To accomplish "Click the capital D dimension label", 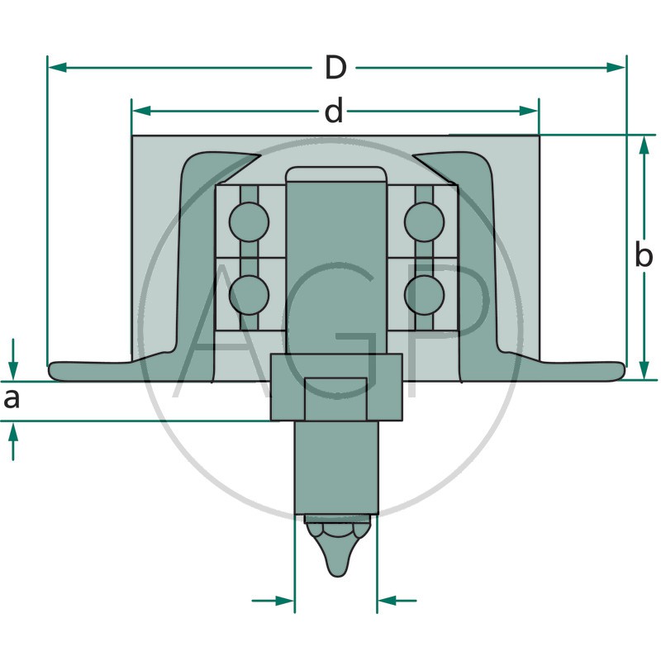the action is [x=335, y=68].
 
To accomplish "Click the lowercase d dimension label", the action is [x=334, y=111].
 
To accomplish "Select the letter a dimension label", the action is [x=12, y=399].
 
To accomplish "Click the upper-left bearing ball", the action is [x=250, y=222].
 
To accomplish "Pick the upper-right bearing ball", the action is [x=424, y=222].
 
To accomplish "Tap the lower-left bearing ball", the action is [x=250, y=295].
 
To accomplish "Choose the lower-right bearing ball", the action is [x=424, y=295].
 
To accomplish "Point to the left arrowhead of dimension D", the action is [x=57, y=68].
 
